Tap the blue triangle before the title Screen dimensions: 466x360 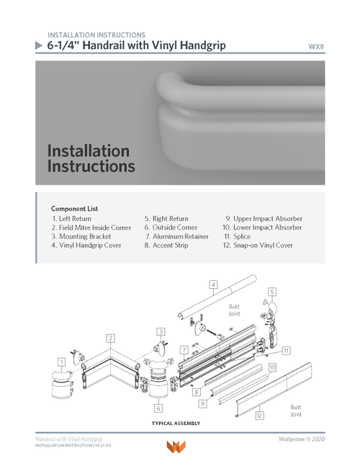point(39,45)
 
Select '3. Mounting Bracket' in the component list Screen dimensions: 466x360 point(81,236)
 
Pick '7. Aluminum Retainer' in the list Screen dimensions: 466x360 point(176,236)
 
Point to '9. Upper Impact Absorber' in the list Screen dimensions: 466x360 point(263,218)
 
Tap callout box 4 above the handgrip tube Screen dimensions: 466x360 point(213,284)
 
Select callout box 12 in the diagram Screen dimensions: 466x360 point(259,415)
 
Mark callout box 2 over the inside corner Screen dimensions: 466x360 point(110,338)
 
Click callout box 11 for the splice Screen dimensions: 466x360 point(286,351)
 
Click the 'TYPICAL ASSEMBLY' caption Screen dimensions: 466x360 point(176,424)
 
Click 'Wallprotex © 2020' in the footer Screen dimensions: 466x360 point(302,439)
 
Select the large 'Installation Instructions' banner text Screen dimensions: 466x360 point(90,158)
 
